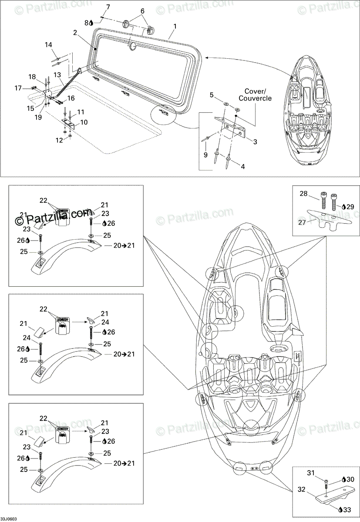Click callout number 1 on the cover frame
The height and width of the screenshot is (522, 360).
tap(175, 26)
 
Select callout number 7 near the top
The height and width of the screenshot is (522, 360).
tap(108, 7)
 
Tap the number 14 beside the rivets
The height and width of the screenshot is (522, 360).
tap(48, 45)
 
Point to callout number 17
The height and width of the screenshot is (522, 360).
tap(18, 88)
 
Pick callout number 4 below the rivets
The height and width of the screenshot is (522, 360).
tap(242, 166)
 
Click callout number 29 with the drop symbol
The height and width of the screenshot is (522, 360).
tap(349, 207)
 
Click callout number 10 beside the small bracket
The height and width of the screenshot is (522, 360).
tap(84, 122)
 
